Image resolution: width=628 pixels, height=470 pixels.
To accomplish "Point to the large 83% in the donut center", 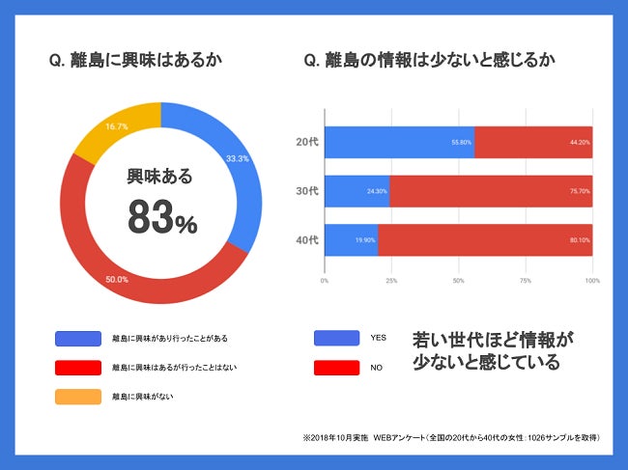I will point(161,219).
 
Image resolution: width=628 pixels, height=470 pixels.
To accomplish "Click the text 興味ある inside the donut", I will point(160,177).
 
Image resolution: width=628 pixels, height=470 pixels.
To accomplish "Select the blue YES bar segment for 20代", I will point(399,142).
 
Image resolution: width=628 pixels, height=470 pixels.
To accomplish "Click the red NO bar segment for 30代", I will point(491,191).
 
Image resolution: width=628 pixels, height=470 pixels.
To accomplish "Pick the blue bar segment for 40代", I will point(351,239).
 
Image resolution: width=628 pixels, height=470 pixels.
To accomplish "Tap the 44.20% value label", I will point(578,142).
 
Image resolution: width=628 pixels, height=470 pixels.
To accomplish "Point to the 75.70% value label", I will point(578,191).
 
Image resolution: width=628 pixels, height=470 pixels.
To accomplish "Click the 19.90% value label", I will point(363,239).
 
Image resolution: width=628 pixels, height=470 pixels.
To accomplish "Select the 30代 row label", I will point(306,191).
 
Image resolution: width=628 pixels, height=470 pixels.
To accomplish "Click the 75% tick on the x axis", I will point(526,281).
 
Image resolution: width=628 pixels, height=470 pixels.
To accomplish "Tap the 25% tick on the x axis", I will point(391,281).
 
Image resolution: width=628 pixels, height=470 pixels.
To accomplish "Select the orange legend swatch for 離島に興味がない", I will point(78,396).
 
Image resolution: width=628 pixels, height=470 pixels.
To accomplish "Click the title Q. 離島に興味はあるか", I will point(135,61).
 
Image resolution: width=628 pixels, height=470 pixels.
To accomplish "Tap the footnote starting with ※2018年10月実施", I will point(451,437).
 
